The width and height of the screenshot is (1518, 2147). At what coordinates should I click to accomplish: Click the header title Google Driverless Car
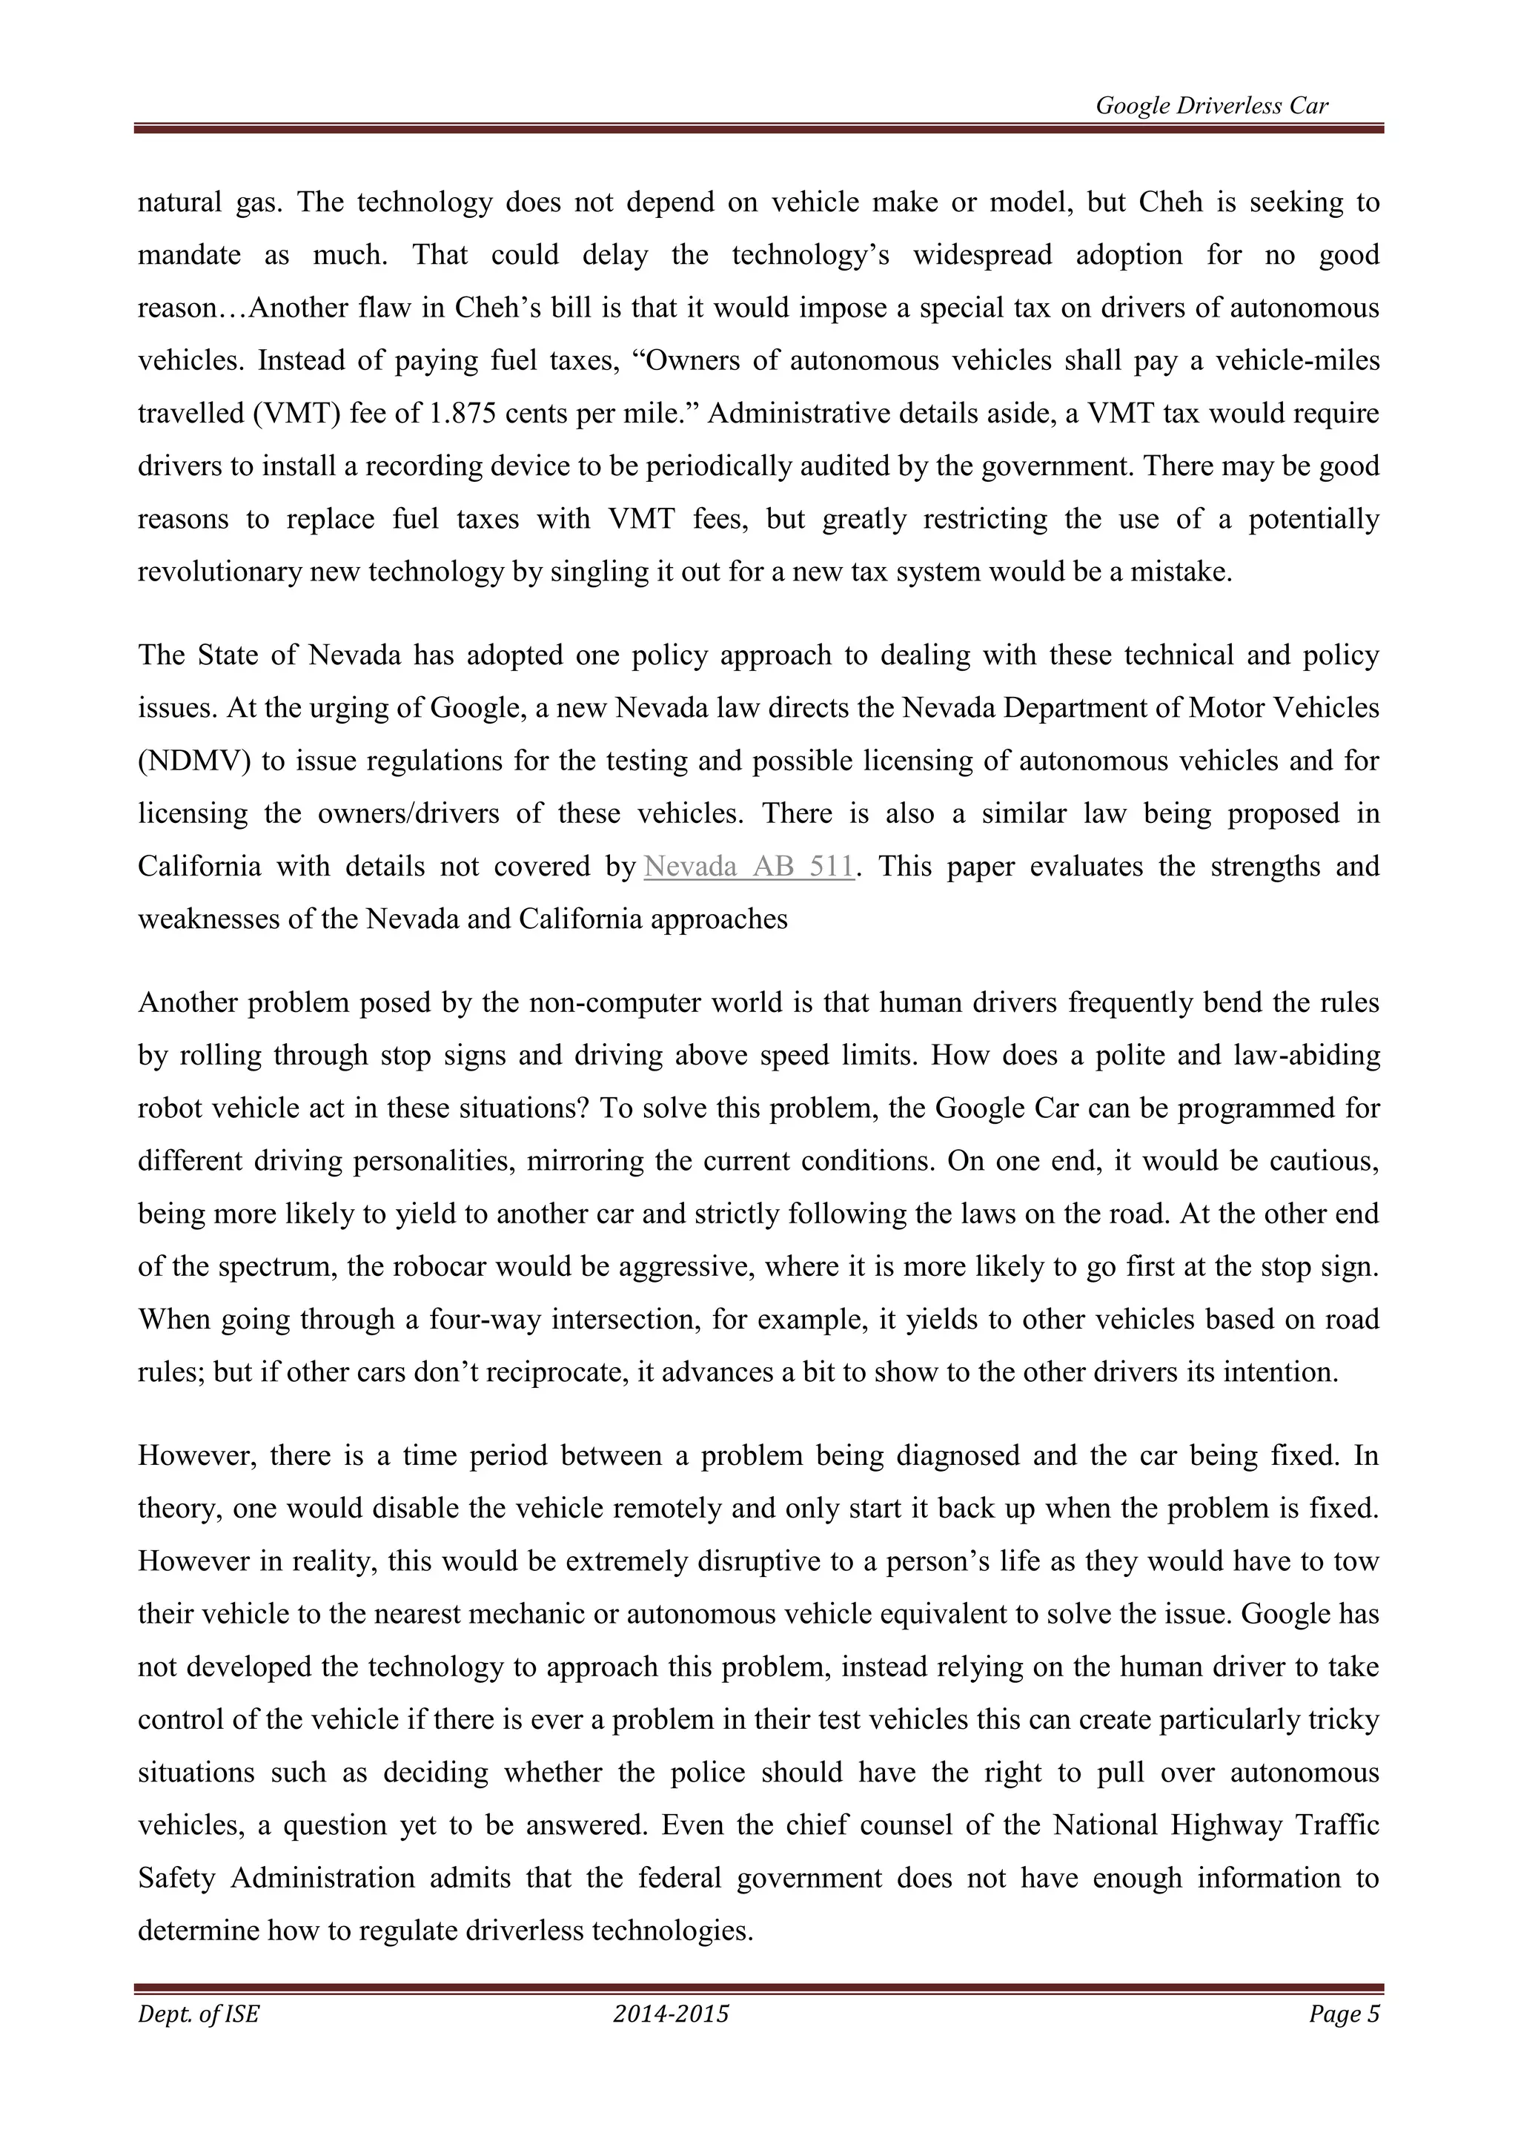point(1211,106)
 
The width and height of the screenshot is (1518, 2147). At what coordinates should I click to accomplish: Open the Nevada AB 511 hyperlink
point(749,866)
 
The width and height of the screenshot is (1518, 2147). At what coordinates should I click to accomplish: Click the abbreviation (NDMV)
point(194,760)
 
